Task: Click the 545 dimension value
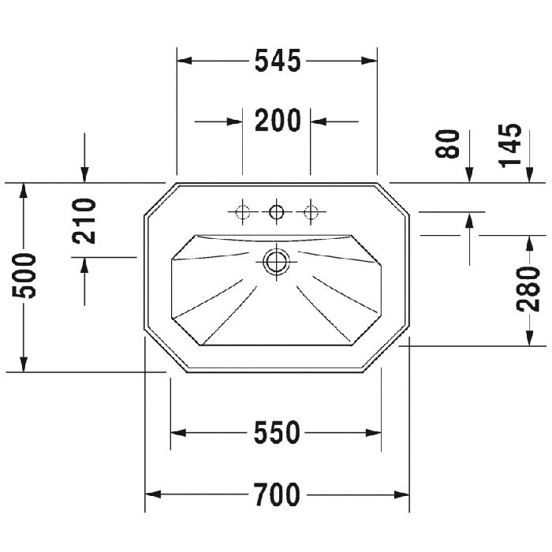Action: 278,61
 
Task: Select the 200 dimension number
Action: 278,121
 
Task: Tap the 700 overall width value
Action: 277,494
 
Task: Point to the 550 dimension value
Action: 277,432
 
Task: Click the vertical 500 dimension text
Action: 24,276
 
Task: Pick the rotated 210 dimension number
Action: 84,221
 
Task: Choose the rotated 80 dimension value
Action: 447,144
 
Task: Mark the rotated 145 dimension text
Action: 509,145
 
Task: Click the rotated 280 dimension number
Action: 528,289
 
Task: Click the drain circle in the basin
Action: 276,262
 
